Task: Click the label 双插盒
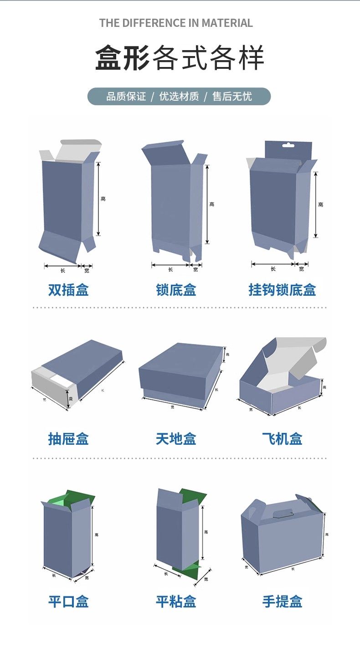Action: [68, 290]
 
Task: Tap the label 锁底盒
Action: [176, 290]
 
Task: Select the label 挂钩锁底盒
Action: [282, 290]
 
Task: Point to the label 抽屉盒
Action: [68, 439]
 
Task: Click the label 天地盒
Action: [176, 439]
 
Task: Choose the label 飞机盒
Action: [282, 439]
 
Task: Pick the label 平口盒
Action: [68, 602]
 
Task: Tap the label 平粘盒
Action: [176, 602]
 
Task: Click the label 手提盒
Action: [282, 602]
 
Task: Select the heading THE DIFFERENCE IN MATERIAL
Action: [176, 23]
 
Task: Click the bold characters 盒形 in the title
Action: [122, 58]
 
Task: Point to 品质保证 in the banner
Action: [126, 97]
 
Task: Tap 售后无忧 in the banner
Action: [232, 97]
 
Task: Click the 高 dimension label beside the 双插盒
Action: [103, 199]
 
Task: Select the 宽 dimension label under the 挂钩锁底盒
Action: [301, 269]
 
